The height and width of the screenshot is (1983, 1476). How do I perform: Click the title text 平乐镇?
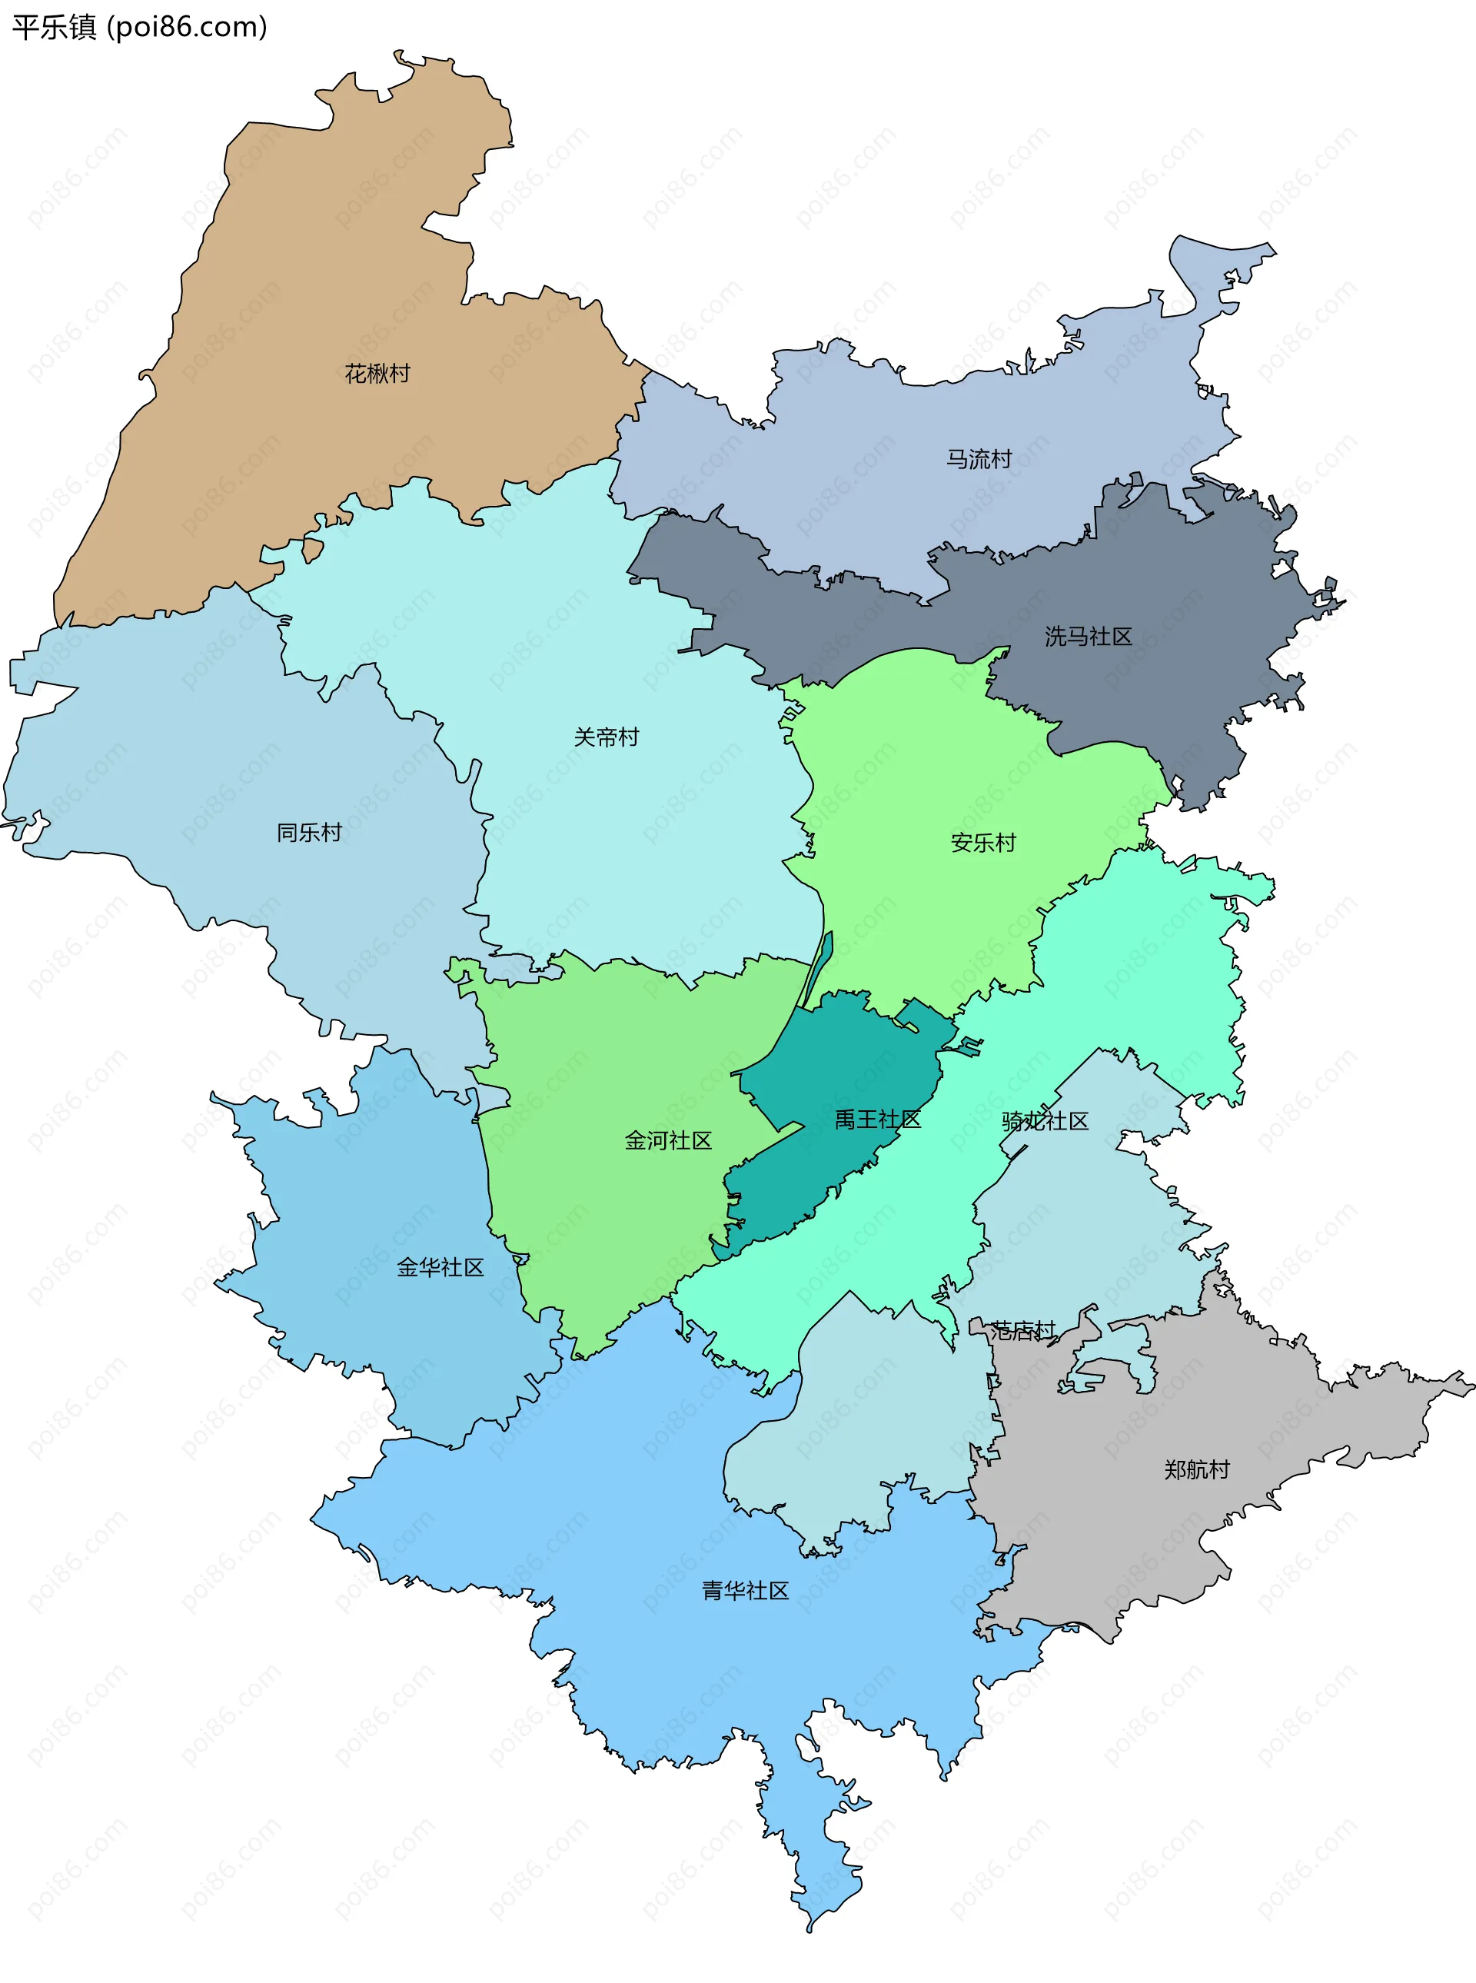click(54, 27)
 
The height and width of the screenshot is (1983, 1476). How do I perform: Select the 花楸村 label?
click(377, 374)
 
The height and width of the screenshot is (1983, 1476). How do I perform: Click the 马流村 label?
click(979, 459)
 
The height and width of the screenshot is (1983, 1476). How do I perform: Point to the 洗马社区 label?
click(1089, 637)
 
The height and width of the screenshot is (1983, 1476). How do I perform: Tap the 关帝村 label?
click(607, 737)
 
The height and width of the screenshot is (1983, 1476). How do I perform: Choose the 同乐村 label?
click(309, 833)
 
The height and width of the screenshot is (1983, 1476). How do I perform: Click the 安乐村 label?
click(982, 843)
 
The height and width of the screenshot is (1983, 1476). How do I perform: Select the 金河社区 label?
click(668, 1140)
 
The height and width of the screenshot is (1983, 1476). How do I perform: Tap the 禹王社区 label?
click(877, 1119)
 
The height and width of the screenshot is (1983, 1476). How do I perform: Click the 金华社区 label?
click(440, 1267)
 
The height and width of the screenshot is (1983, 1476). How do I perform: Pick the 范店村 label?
click(1023, 1331)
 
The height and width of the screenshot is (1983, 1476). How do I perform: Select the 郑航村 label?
click(1196, 1469)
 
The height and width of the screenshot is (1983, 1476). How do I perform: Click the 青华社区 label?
click(745, 1590)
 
